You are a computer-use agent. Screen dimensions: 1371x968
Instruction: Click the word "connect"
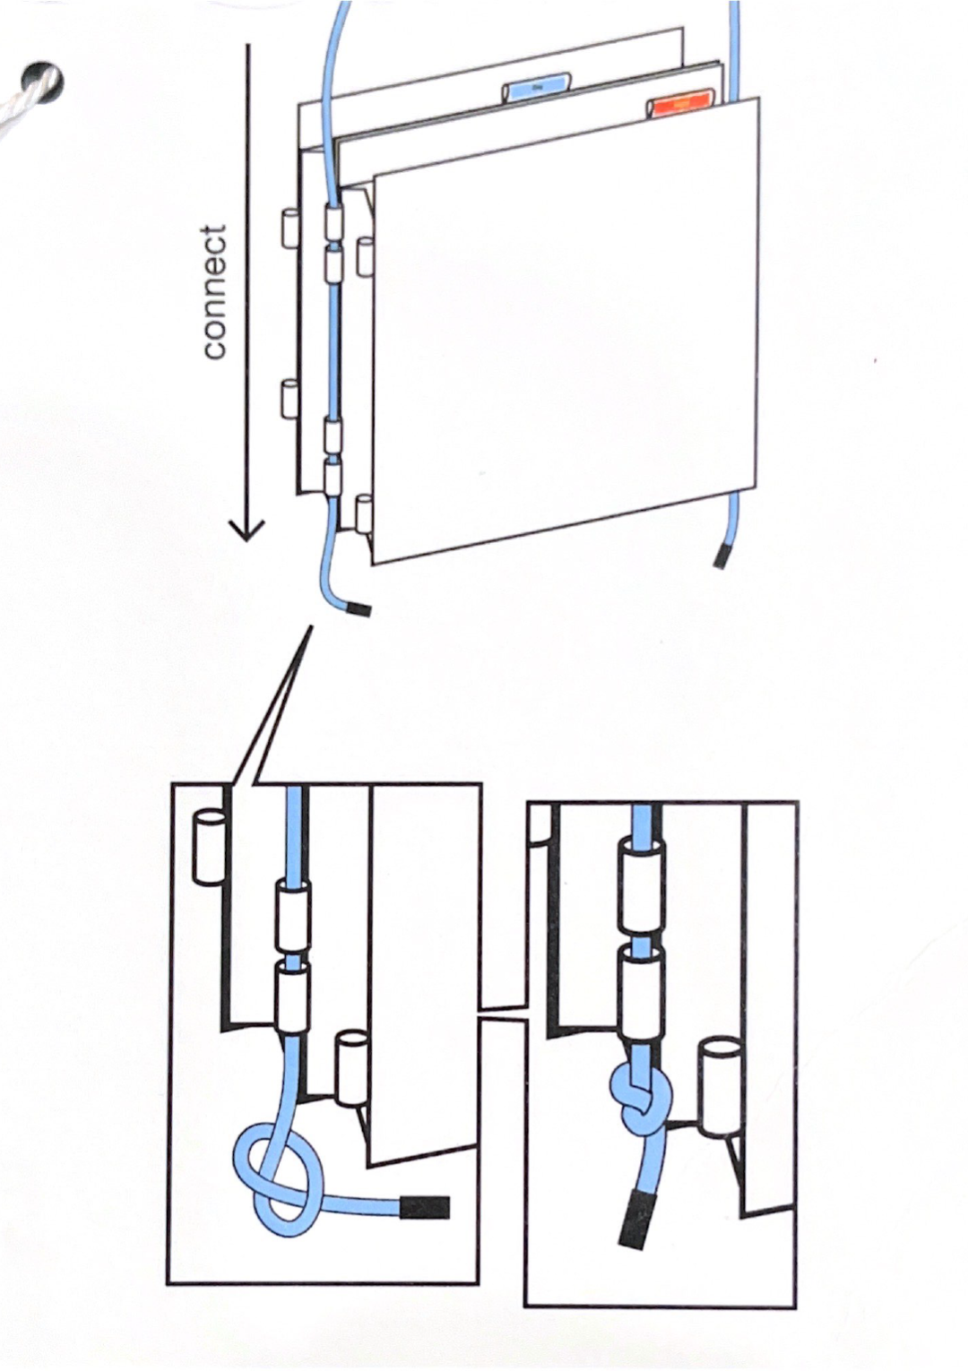click(x=215, y=292)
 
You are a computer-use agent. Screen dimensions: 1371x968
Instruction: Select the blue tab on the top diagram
click(x=537, y=88)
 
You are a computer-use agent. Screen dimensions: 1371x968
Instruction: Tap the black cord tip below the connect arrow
click(x=359, y=609)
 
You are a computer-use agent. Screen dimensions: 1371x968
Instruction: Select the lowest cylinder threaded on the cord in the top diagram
click(x=333, y=479)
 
